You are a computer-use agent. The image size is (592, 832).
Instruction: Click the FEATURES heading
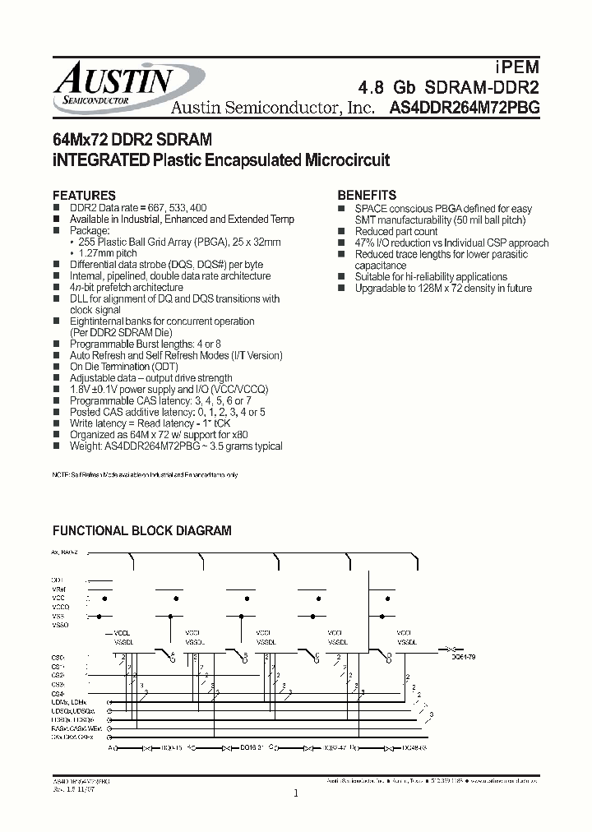[x=85, y=196]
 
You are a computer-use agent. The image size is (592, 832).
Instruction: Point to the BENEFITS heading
[x=368, y=196]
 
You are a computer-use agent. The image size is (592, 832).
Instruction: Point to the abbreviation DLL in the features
[x=80, y=299]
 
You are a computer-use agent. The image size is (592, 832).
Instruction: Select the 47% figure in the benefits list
[x=365, y=243]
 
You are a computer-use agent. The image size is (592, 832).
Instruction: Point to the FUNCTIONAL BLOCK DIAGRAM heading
[x=142, y=532]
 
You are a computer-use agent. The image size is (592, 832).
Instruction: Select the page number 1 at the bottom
[x=295, y=793]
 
